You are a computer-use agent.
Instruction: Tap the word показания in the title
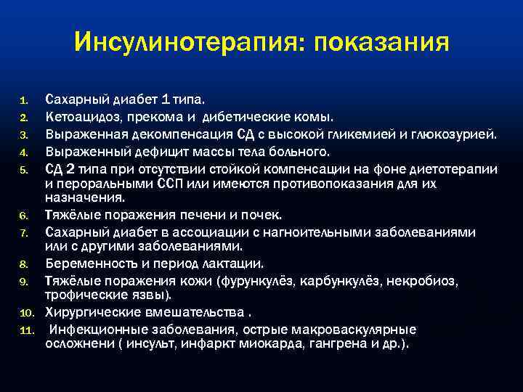coord(382,43)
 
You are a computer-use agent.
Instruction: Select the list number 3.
coord(23,134)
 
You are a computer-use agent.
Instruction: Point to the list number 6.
coord(23,216)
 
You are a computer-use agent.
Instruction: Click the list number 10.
coord(25,314)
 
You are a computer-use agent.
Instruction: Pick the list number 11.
coord(25,332)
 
